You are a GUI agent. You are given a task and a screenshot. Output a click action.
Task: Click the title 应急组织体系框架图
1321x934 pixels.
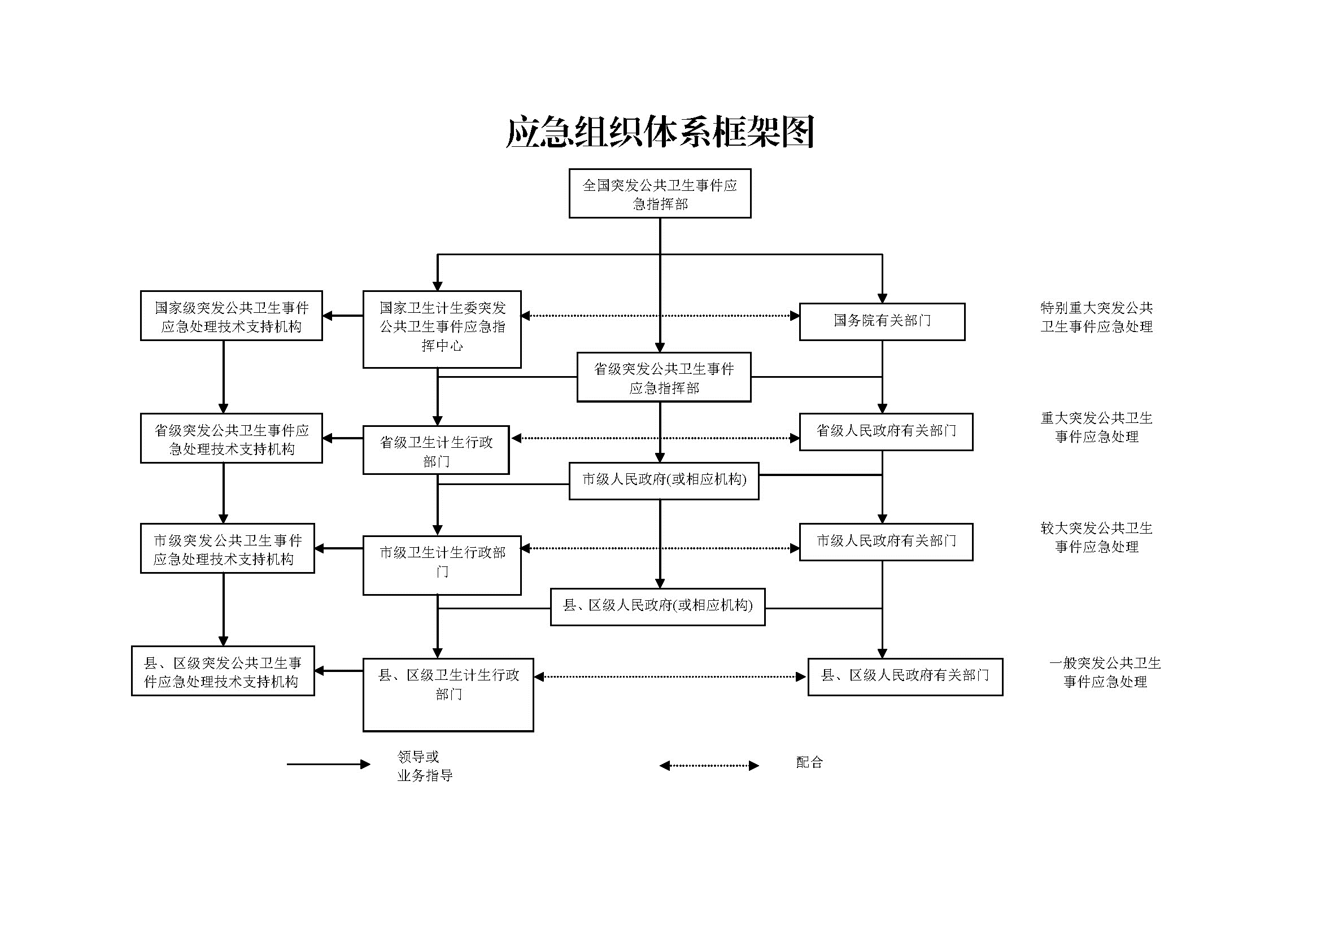point(660,132)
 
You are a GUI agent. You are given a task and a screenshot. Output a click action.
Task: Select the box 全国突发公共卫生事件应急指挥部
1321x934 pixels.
point(660,193)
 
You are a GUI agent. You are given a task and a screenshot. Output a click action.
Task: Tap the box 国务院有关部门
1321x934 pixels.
point(882,321)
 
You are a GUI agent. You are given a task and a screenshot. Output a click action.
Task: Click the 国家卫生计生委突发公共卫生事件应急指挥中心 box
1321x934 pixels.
point(442,329)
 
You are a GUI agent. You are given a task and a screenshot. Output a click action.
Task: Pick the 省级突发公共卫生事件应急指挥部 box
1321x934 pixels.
point(664,377)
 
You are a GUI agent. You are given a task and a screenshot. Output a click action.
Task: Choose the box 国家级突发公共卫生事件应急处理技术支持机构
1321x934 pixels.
point(232,316)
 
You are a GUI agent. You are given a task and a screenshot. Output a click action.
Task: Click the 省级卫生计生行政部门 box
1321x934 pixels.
point(436,449)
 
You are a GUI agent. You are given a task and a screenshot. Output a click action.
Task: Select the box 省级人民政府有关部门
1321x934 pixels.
point(886,432)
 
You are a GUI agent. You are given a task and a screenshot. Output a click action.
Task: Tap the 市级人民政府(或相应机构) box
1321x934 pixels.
point(664,481)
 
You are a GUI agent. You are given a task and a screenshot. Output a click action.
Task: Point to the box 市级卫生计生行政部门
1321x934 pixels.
point(442,565)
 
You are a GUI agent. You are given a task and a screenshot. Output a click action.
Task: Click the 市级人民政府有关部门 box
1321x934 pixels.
point(886,542)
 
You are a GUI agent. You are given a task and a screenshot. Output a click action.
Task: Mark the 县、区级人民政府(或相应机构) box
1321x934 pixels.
point(657,606)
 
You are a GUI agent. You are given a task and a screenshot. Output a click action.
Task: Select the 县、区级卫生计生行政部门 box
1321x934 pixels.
point(448,695)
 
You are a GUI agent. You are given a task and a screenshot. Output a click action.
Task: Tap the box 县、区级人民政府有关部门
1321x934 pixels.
point(905,677)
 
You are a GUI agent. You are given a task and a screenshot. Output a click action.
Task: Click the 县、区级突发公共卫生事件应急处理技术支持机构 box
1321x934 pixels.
point(223,671)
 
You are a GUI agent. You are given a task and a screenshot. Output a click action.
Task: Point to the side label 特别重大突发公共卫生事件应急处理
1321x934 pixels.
point(1097,317)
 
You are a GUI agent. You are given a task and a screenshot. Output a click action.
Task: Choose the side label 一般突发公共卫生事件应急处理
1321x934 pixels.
point(1105,672)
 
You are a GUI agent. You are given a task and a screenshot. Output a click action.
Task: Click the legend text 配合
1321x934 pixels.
point(809,762)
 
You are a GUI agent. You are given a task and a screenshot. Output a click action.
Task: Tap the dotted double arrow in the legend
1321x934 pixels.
point(709,766)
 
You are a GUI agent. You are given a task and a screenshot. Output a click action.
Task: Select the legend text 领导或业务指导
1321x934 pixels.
point(425,766)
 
